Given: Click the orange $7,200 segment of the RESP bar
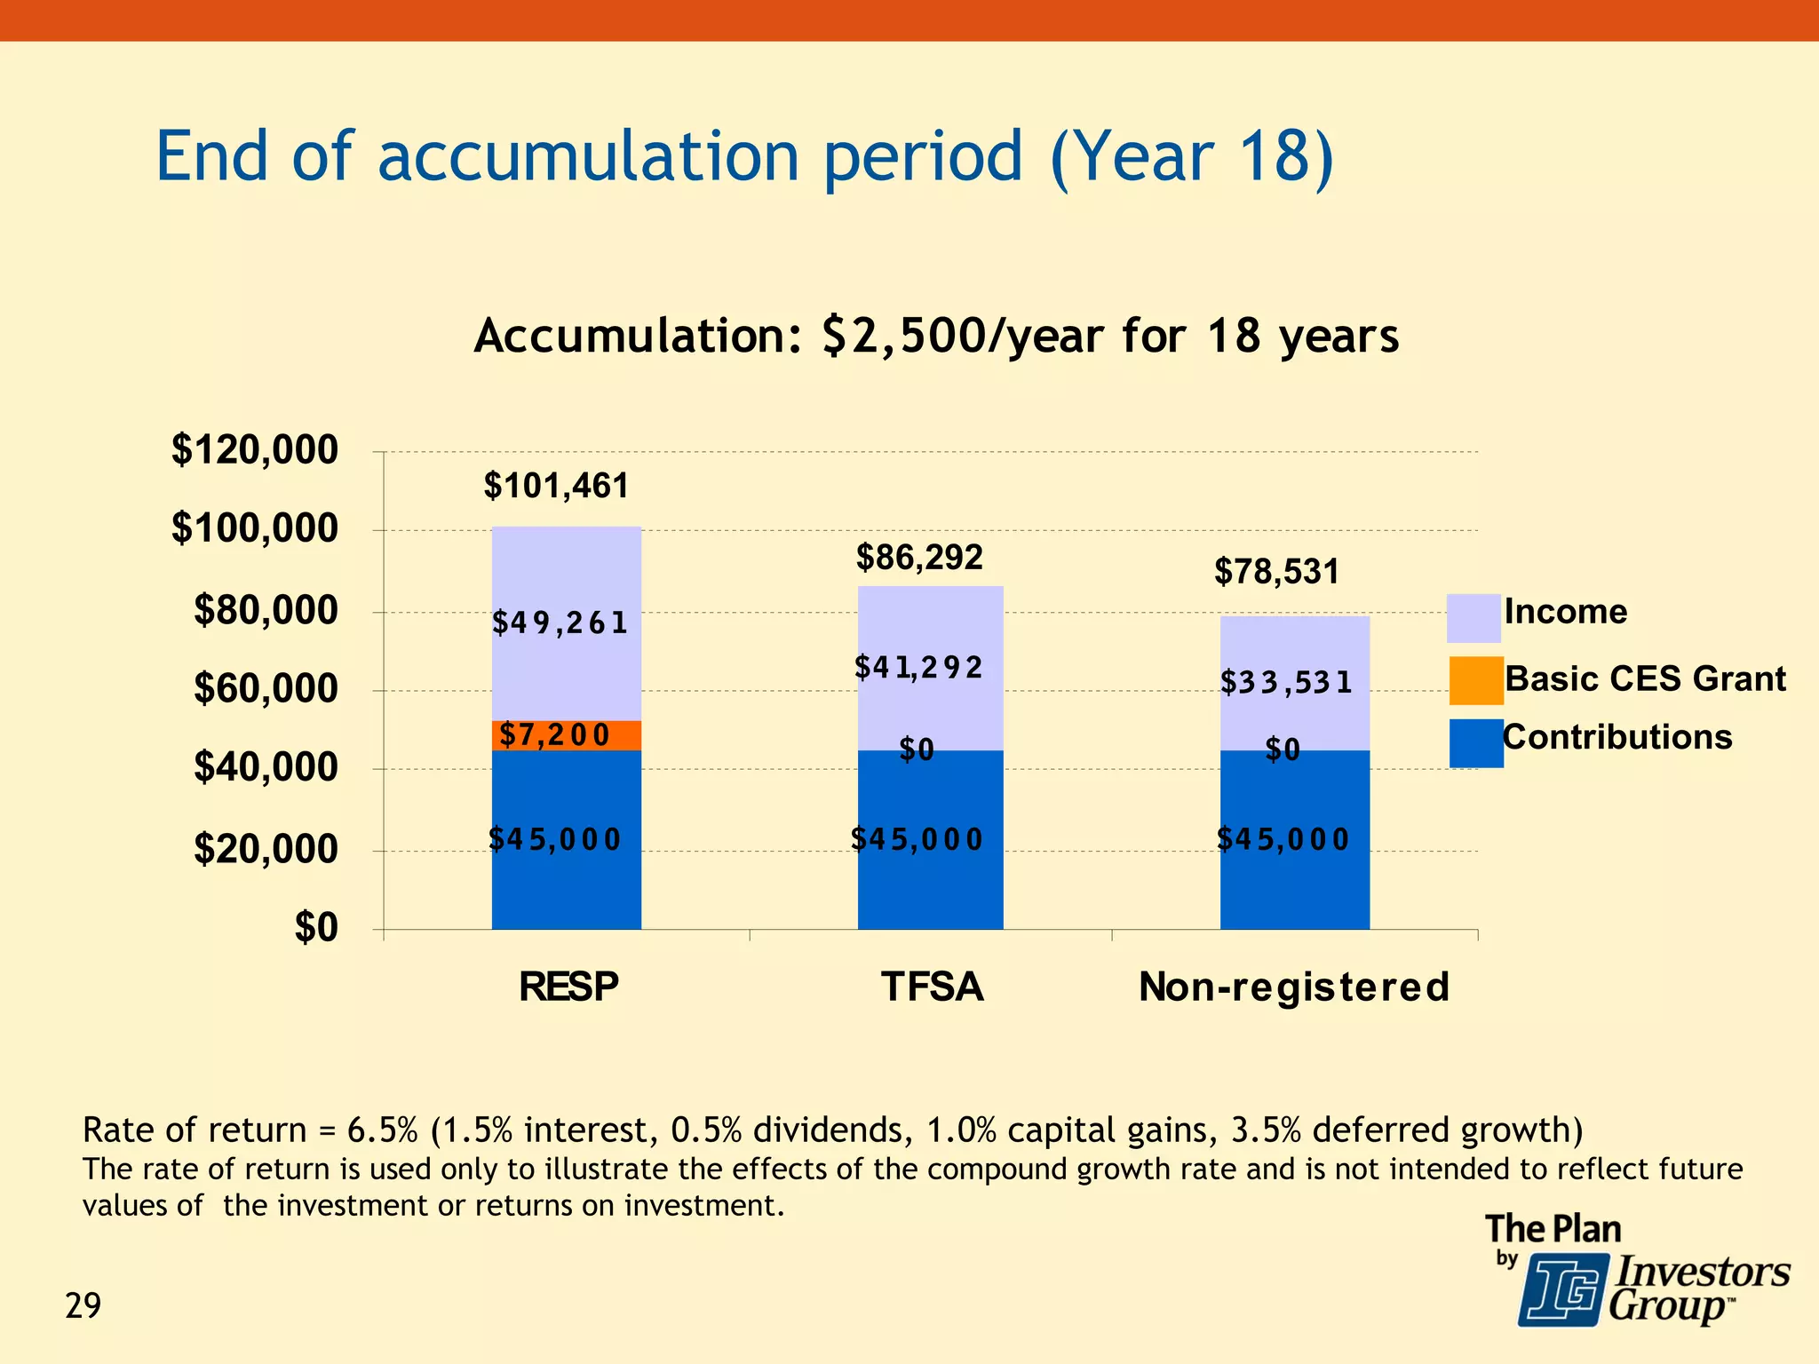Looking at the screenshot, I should click(566, 735).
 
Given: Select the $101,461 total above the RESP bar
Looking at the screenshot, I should click(556, 486).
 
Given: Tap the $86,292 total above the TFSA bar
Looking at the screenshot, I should click(919, 558).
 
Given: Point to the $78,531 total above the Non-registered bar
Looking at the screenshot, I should click(1276, 571).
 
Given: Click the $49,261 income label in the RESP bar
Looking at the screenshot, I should click(560, 623).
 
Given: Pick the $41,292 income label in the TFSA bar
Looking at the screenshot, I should click(918, 667).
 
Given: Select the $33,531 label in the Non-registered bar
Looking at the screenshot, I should click(1285, 682).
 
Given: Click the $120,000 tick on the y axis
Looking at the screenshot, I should click(255, 450).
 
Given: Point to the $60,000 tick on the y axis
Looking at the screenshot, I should click(266, 689).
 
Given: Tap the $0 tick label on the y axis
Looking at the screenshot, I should click(316, 928).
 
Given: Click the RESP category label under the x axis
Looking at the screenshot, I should click(568, 987).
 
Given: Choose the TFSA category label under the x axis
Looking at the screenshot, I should click(932, 987).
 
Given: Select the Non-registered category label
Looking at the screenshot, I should click(1294, 987).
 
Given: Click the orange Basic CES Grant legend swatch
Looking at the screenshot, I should click(1475, 680).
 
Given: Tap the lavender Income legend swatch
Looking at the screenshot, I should click(1473, 618).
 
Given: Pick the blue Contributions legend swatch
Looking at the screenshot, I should click(1475, 743).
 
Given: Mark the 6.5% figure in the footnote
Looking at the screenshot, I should click(382, 1130).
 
